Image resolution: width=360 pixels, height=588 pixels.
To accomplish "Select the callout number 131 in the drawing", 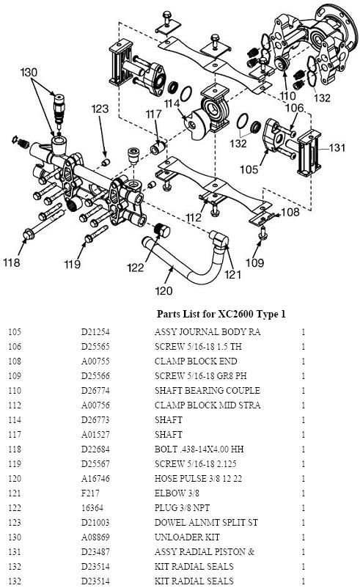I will tap(337, 147).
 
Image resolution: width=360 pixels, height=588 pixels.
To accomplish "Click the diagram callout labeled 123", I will tap(100, 109).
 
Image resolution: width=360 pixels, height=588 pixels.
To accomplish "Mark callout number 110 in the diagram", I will tap(287, 95).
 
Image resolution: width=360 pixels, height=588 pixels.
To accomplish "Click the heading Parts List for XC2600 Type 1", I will tap(221, 314).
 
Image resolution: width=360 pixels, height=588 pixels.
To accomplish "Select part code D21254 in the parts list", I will tap(95, 332).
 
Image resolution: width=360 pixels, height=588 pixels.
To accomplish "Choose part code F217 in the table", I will tap(89, 493).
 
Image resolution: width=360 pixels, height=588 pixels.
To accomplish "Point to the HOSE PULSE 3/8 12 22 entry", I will tap(196, 478).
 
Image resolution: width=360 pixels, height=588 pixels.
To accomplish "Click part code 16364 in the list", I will tap(90, 507).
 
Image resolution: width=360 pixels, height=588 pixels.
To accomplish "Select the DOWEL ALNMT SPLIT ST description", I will tap(205, 522).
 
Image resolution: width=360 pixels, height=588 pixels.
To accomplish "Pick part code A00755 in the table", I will tap(95, 361).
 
